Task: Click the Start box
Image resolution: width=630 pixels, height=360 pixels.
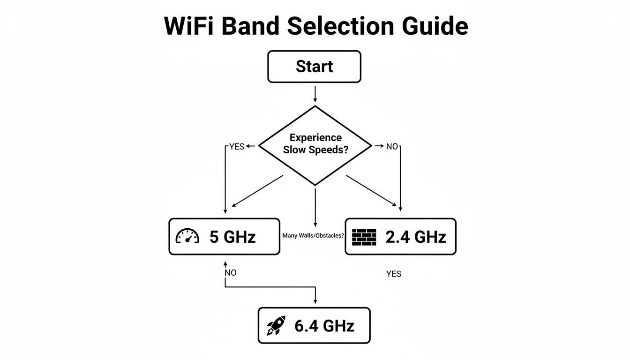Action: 314,67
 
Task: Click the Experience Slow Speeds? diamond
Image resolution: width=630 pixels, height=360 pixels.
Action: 315,145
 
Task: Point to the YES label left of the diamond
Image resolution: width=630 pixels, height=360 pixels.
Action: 237,147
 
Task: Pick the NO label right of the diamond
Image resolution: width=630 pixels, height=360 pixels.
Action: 391,147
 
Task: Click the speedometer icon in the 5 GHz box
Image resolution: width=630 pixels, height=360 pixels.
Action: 187,236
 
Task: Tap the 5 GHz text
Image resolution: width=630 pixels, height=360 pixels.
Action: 232,237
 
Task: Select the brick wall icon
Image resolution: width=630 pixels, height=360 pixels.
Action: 364,237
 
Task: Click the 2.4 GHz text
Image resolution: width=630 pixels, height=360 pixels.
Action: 415,237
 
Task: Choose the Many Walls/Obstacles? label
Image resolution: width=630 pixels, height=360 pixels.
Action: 313,236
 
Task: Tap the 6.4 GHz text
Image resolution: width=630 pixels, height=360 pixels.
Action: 324,326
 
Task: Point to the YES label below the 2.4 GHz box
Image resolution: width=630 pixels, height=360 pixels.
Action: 394,274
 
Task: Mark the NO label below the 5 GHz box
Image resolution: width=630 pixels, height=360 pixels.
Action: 231,273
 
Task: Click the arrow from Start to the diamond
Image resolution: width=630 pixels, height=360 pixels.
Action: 315,93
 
